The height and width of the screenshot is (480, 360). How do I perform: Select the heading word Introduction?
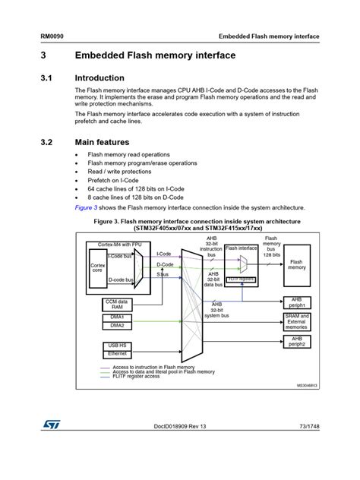99,78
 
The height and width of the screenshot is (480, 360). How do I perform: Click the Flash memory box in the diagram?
297,264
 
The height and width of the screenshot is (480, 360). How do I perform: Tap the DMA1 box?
117,317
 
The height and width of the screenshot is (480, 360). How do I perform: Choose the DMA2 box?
117,326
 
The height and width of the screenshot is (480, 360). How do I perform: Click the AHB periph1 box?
297,303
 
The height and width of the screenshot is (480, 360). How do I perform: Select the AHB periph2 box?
297,342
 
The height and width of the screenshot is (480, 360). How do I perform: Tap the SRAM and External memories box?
297,322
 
